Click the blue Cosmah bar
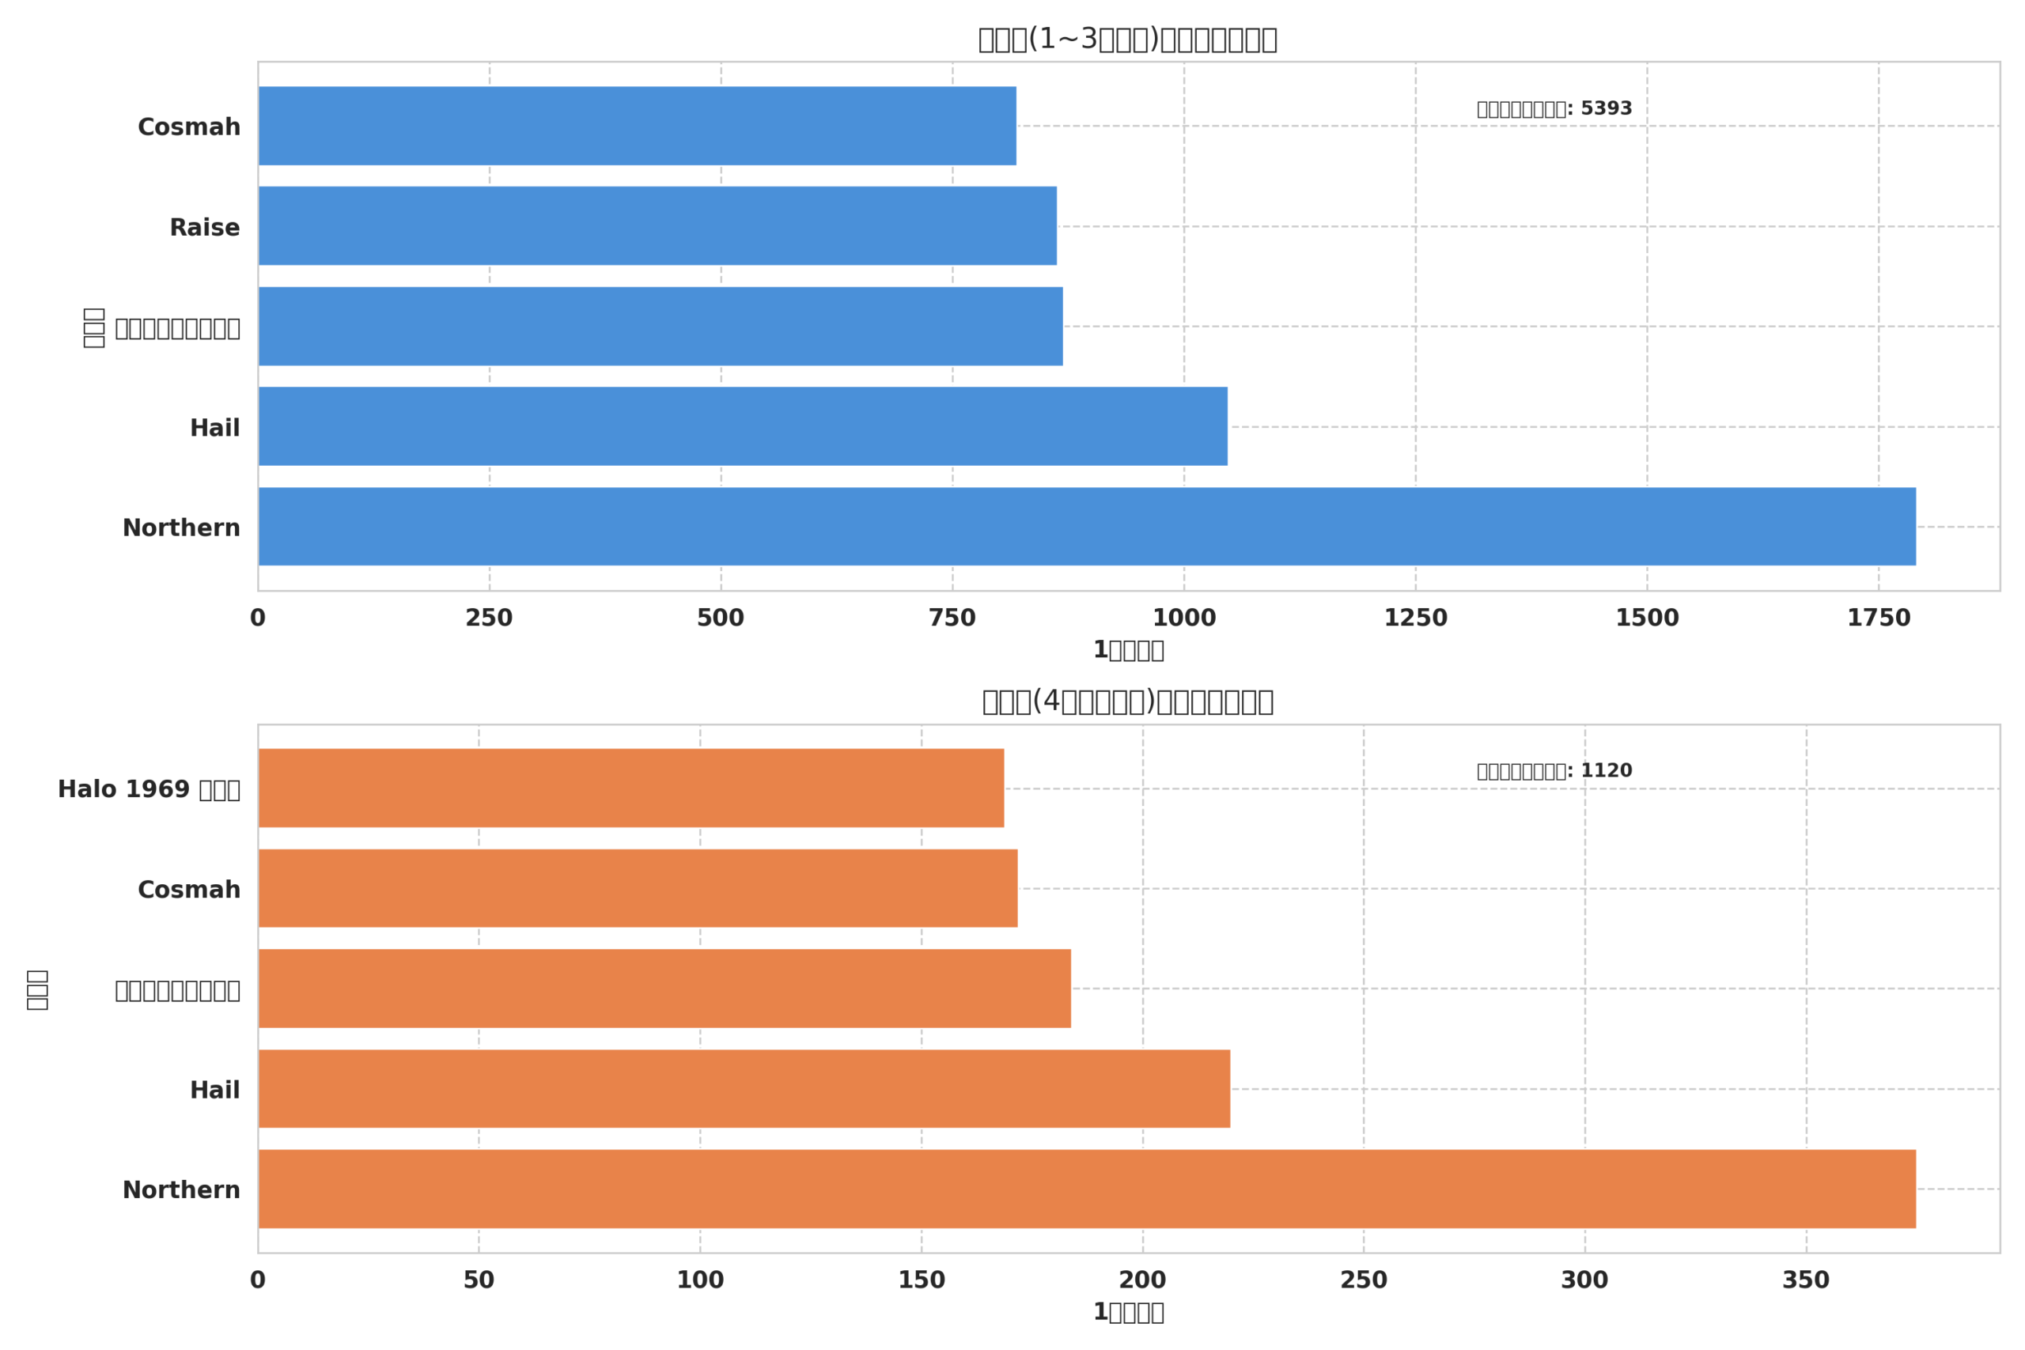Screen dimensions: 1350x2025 pos(637,126)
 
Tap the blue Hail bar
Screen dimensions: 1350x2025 pos(742,426)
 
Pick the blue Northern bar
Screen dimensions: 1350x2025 pos(1087,526)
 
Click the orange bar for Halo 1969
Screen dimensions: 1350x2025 pos(631,788)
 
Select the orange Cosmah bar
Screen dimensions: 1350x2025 pos(638,888)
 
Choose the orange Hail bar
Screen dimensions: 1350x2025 pos(744,1088)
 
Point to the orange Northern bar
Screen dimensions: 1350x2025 pos(1087,1188)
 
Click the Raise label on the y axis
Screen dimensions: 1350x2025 pos(204,228)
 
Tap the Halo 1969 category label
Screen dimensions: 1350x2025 pos(148,789)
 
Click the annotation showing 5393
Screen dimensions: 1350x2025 pos(1554,108)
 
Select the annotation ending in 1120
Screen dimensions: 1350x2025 pos(1554,770)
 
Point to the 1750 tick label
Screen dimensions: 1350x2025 pos(1878,618)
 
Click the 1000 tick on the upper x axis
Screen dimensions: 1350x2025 pos(1184,618)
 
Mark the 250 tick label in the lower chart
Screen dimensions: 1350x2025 pos(1363,1280)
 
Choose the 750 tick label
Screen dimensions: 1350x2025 pos(952,618)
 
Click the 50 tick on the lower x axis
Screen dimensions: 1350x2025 pos(479,1280)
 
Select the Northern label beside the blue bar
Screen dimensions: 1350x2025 pos(181,528)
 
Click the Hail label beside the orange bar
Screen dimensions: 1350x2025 pos(214,1090)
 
